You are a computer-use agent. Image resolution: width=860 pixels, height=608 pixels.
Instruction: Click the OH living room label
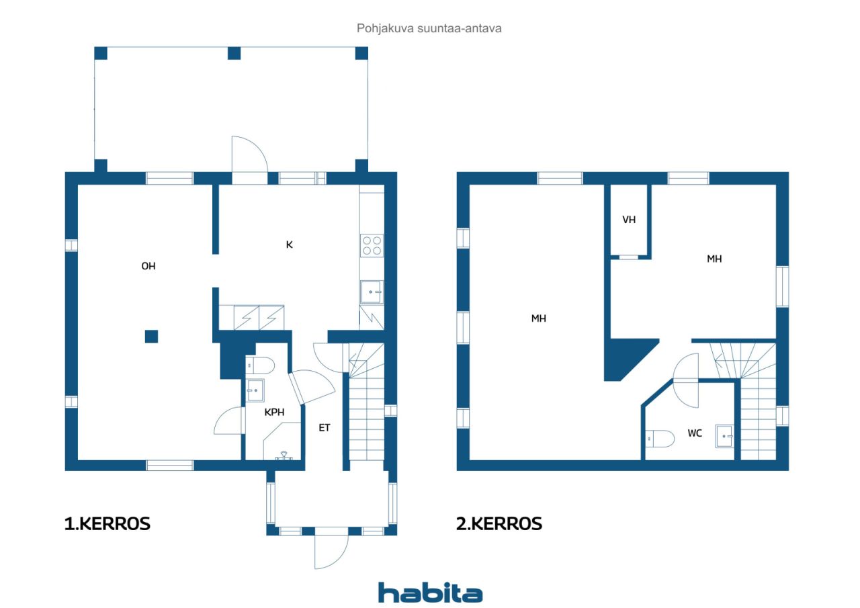pyautogui.click(x=148, y=266)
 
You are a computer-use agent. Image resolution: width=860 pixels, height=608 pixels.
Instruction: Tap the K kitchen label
pyautogui.click(x=290, y=245)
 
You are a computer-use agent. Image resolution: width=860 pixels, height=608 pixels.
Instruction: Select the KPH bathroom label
pyautogui.click(x=274, y=412)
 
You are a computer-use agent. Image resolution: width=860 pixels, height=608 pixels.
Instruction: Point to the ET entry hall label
pyautogui.click(x=325, y=427)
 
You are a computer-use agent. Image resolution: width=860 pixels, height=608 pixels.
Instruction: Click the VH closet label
pyautogui.click(x=629, y=220)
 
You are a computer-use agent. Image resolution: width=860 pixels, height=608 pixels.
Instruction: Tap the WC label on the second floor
pyautogui.click(x=695, y=433)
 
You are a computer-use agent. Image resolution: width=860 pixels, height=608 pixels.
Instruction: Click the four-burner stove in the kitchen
pyautogui.click(x=372, y=246)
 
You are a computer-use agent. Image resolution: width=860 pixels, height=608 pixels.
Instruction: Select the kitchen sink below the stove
pyautogui.click(x=372, y=292)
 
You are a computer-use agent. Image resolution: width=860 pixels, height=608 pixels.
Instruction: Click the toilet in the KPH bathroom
pyautogui.click(x=260, y=365)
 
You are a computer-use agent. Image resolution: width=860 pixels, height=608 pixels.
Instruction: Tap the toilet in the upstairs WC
pyautogui.click(x=660, y=438)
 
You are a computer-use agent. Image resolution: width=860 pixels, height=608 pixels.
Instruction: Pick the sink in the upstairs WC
pyautogui.click(x=725, y=437)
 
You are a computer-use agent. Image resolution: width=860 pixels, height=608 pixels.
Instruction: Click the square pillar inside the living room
pyautogui.click(x=151, y=336)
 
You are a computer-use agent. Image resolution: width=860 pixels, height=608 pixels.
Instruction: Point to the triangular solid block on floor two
pyautogui.click(x=626, y=357)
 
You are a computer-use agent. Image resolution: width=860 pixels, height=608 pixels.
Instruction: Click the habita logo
pyautogui.click(x=430, y=593)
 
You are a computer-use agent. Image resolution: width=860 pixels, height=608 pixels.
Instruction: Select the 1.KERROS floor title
pyautogui.click(x=107, y=523)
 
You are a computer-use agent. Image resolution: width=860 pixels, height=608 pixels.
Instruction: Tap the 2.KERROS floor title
pyautogui.click(x=499, y=523)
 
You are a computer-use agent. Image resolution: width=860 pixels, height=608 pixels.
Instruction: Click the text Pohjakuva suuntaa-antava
pyautogui.click(x=429, y=28)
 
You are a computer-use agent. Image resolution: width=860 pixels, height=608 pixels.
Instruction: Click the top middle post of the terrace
pyautogui.click(x=234, y=53)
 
